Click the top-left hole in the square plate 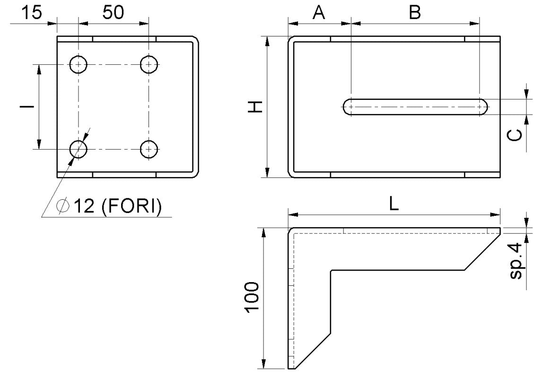click(79, 64)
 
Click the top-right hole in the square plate click(149, 64)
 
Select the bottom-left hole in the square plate click(79, 150)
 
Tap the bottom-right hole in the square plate click(149, 150)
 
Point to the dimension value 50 click(114, 13)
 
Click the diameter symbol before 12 click(62, 206)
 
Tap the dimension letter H click(256, 107)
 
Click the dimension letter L click(394, 204)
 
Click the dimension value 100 click(252, 297)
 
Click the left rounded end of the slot click(348, 107)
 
